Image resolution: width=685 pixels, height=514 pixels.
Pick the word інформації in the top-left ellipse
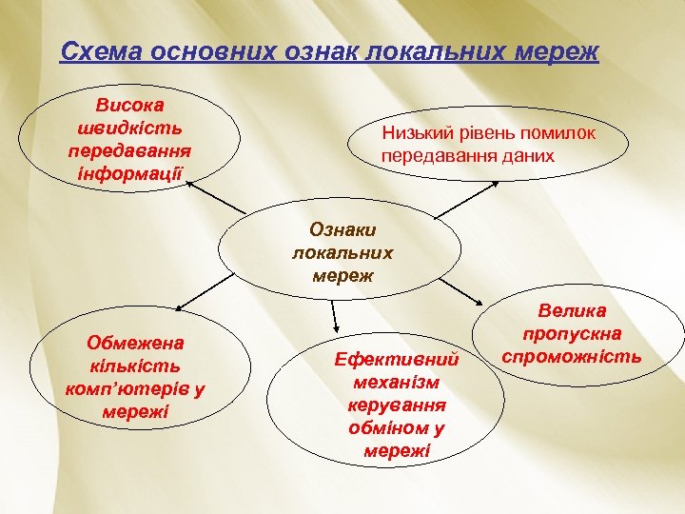click(x=128, y=172)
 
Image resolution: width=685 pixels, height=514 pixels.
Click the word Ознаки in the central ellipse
click(x=343, y=229)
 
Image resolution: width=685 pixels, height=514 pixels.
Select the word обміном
click(x=387, y=426)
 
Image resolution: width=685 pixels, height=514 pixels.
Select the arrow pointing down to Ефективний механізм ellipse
click(x=335, y=318)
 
